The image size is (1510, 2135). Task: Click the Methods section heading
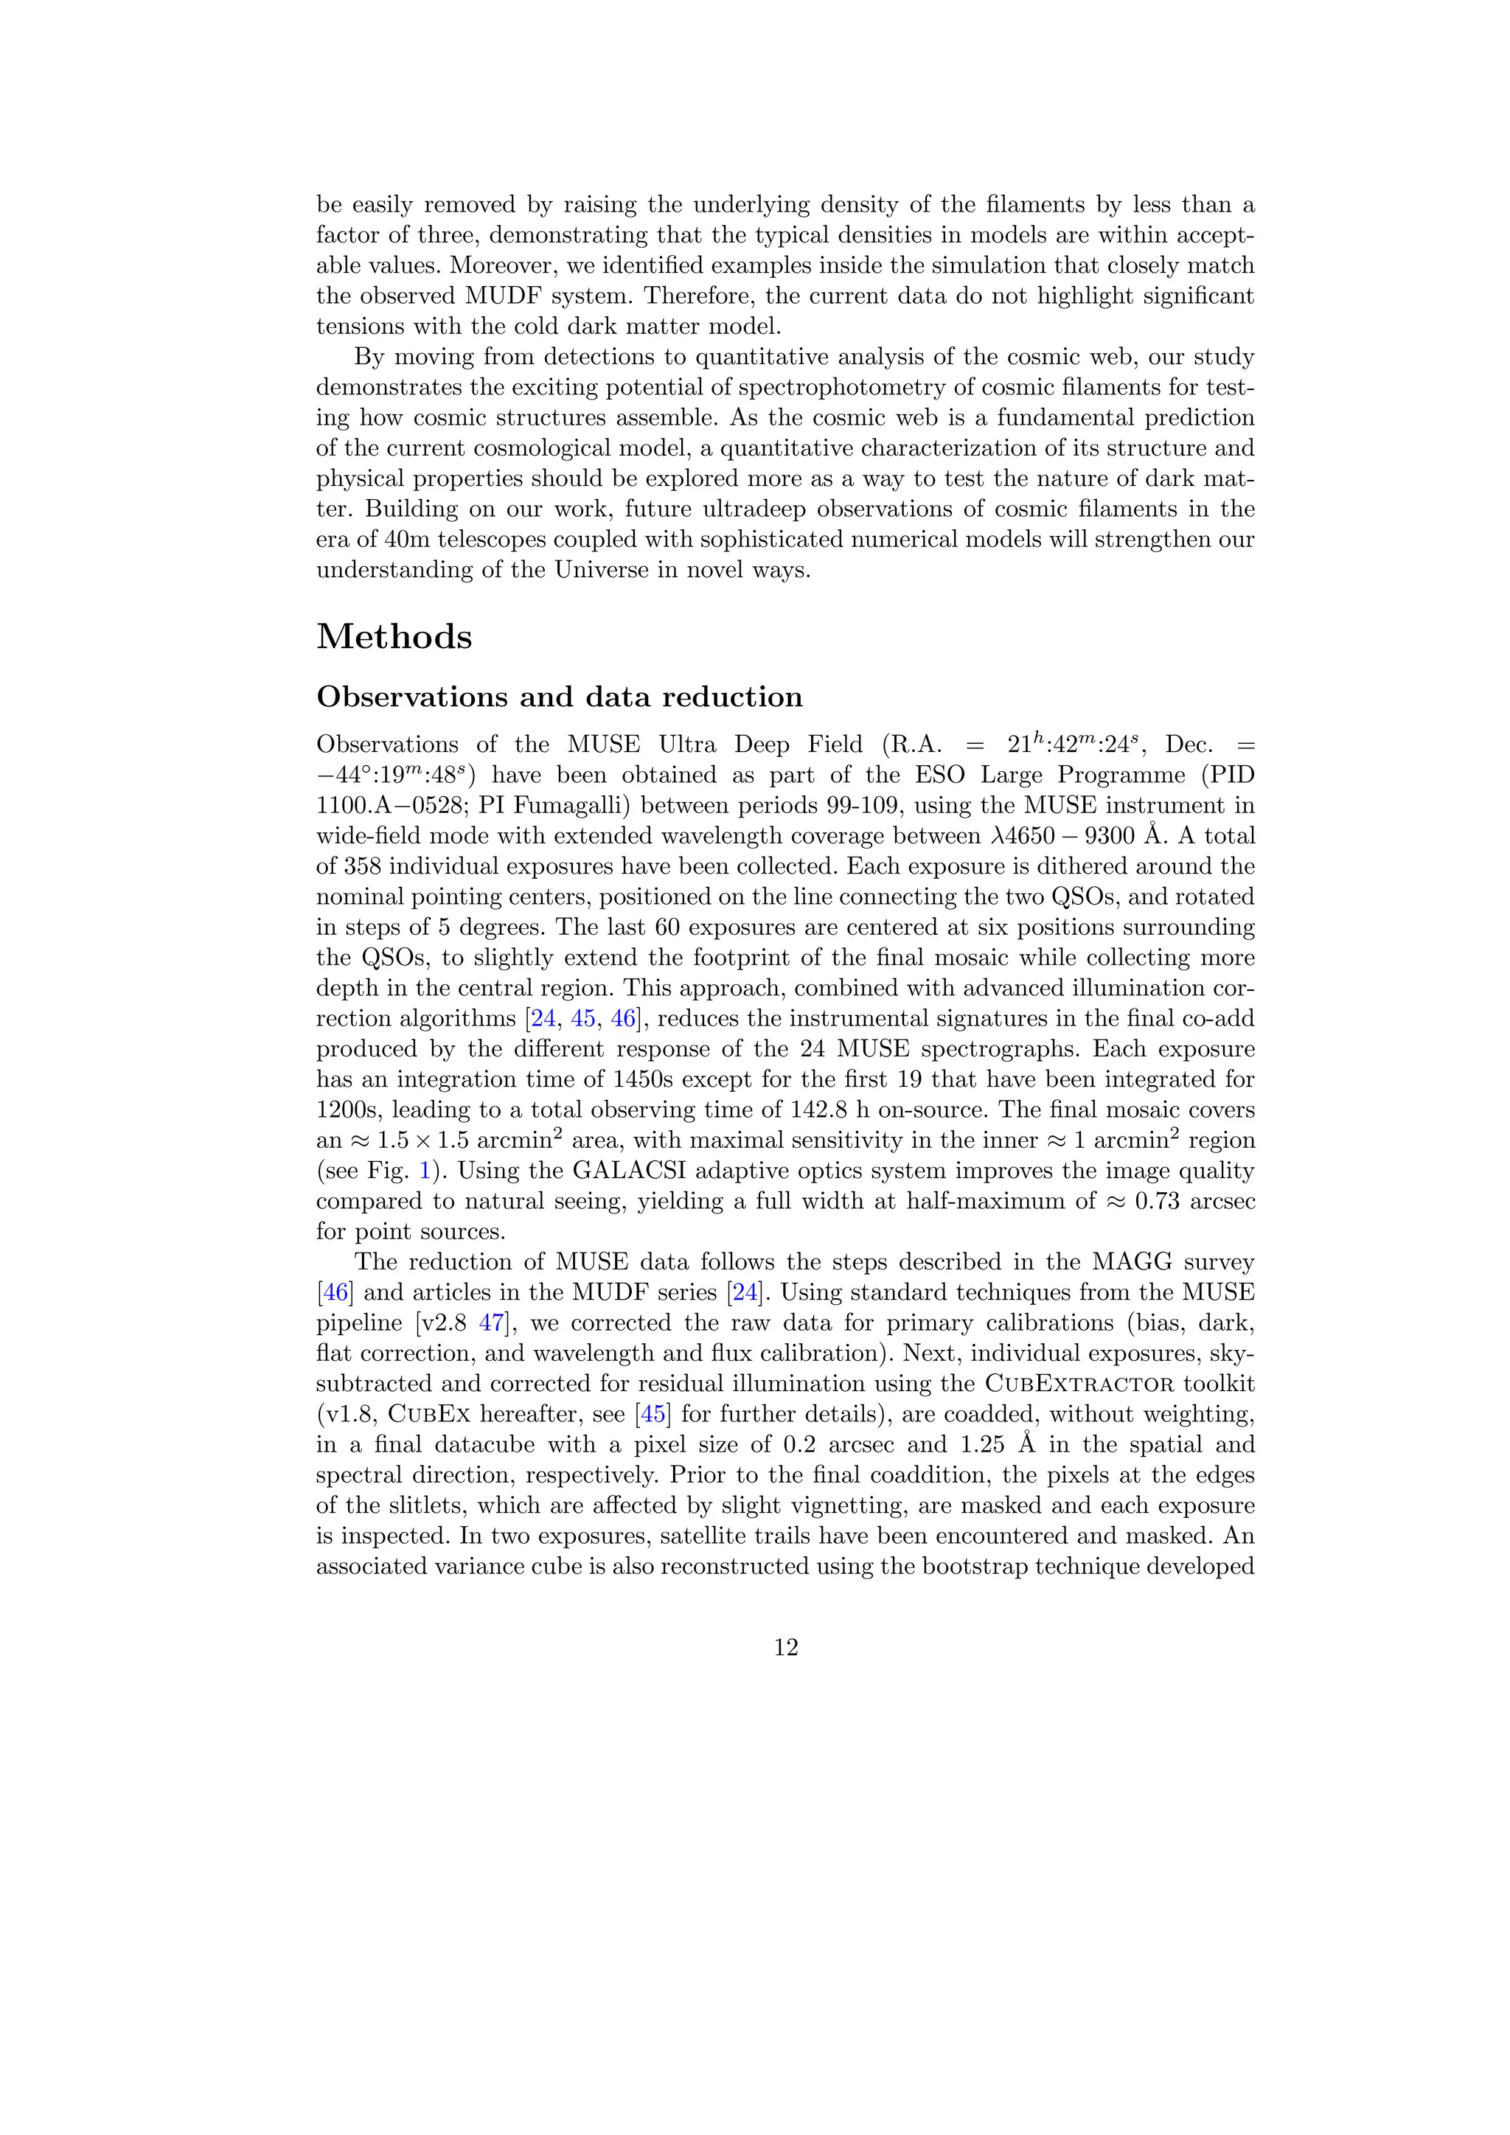pyautogui.click(x=394, y=637)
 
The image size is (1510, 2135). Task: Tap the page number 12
pyautogui.click(x=786, y=1648)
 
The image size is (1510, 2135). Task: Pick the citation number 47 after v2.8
pyautogui.click(x=490, y=1323)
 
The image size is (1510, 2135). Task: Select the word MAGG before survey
pyautogui.click(x=1132, y=1263)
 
